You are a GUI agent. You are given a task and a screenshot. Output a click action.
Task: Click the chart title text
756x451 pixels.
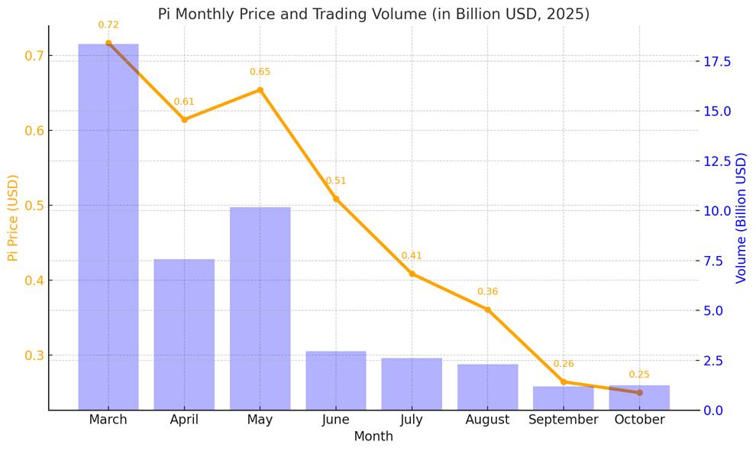coord(373,14)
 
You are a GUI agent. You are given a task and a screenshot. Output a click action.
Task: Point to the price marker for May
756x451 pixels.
coord(260,90)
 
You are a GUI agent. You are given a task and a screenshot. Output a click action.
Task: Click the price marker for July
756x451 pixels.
coord(412,274)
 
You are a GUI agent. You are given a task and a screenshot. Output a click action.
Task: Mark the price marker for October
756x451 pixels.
coord(639,393)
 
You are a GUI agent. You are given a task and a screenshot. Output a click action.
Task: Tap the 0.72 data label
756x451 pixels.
coord(108,25)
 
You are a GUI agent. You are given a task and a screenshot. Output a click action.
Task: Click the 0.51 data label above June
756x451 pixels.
coord(336,181)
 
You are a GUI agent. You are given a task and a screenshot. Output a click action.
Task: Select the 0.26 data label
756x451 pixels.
coord(564,364)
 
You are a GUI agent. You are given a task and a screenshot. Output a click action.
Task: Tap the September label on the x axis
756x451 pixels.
coord(564,420)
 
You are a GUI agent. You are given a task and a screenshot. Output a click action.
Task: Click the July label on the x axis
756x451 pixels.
coord(412,420)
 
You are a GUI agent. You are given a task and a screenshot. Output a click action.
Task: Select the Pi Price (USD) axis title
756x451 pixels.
coord(13,218)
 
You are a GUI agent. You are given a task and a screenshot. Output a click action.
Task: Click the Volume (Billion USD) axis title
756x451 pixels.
coord(741,218)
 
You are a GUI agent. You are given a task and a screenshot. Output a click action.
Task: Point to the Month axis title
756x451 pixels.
coord(373,436)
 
